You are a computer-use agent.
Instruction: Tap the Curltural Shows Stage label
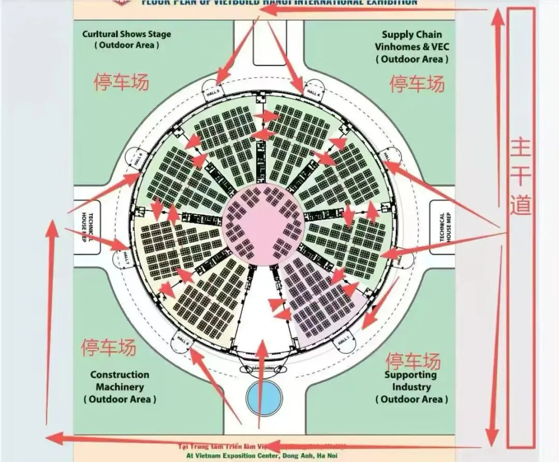click(x=126, y=39)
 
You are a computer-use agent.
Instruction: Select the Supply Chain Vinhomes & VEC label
click(x=412, y=47)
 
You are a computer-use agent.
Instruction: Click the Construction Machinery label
click(x=120, y=386)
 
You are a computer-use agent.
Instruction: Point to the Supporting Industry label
click(x=411, y=386)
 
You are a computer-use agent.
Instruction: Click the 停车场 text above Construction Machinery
click(x=109, y=347)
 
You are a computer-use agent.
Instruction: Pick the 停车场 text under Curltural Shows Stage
click(x=121, y=81)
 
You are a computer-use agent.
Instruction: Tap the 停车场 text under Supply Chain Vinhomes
click(x=417, y=83)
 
